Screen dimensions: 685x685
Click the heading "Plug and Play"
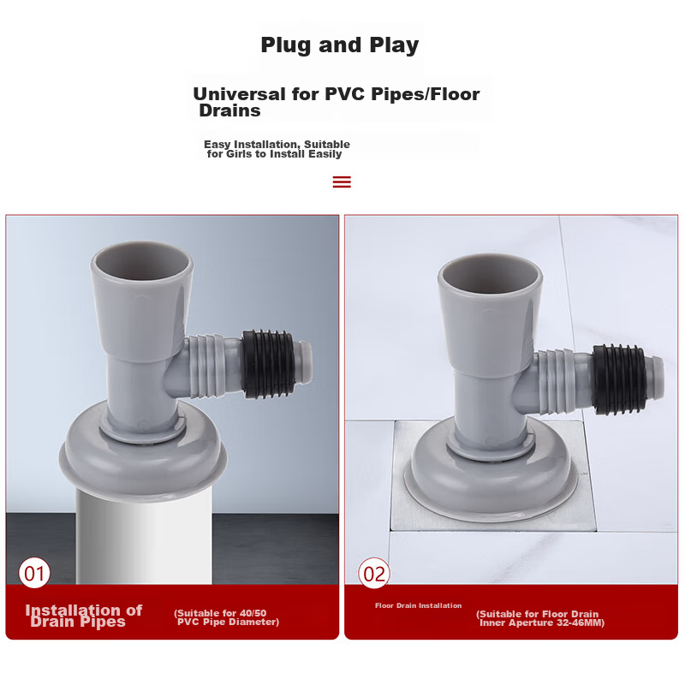pyautogui.click(x=339, y=45)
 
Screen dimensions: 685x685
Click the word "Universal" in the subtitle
pyautogui.click(x=239, y=94)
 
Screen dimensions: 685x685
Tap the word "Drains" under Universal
pyautogui.click(x=229, y=110)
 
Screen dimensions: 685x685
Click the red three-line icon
pyautogui.click(x=342, y=182)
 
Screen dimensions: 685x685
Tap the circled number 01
pyautogui.click(x=34, y=573)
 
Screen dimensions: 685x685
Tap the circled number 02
pyautogui.click(x=374, y=573)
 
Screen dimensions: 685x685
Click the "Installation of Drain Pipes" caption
pyautogui.click(x=84, y=616)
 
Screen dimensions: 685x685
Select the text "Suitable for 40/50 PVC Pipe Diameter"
pyautogui.click(x=226, y=617)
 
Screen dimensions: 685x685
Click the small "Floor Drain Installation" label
pyautogui.click(x=418, y=605)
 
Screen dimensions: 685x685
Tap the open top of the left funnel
pyautogui.click(x=142, y=261)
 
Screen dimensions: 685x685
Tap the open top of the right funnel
pyautogui.click(x=490, y=273)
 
